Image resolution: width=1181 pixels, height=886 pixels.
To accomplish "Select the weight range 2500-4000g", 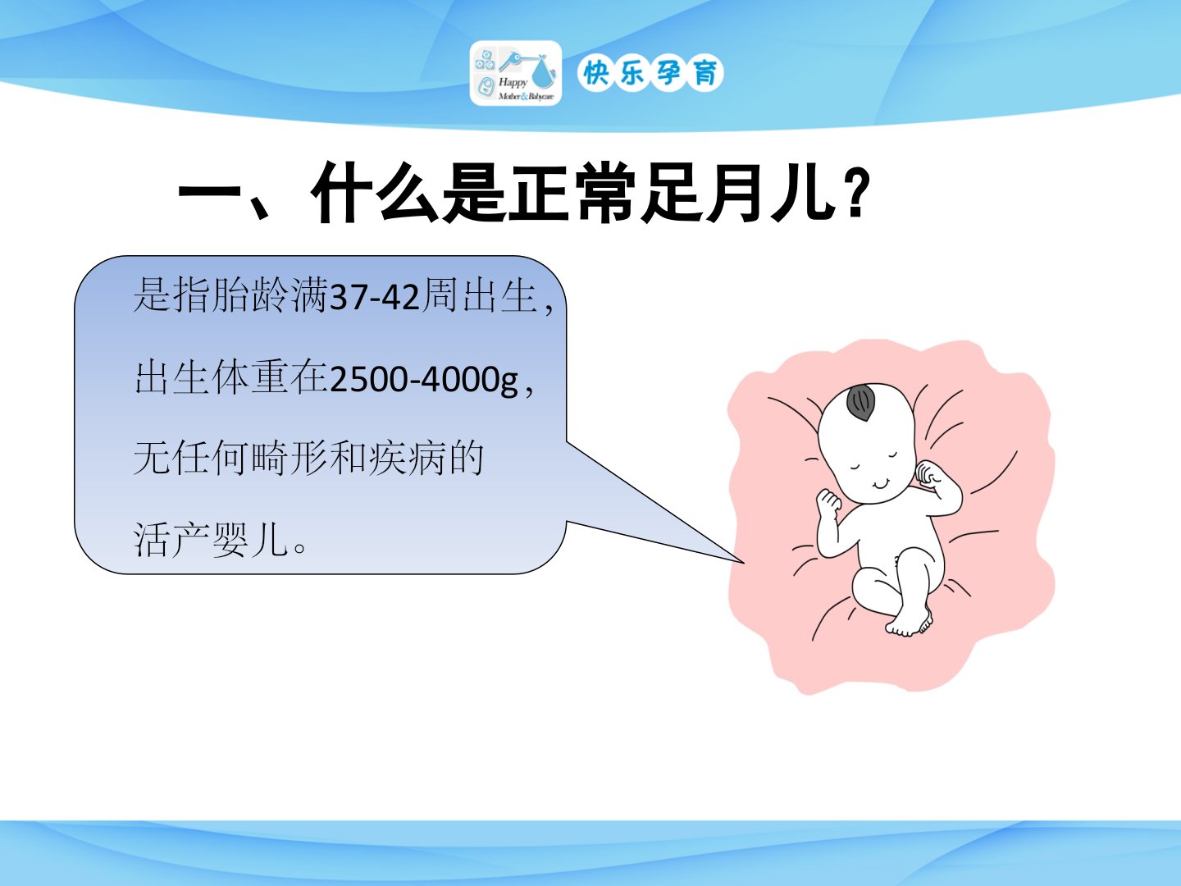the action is pos(423,380).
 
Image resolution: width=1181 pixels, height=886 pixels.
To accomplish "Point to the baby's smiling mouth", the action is pos(882,484).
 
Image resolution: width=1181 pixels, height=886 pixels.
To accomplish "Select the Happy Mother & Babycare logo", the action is pos(515,73).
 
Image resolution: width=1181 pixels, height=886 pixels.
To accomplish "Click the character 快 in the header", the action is pos(595,73).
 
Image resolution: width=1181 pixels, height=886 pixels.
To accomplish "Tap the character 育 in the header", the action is pos(705,73).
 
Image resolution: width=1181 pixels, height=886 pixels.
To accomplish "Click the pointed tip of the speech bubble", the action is pos(744,563).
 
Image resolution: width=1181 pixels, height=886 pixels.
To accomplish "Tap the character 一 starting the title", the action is pos(210,192).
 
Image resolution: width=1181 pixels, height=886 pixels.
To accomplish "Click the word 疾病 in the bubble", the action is pos(406,459).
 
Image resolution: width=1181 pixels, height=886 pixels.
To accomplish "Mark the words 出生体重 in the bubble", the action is pos(211,377).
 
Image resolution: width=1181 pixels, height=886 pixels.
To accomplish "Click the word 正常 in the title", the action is pos(572,192).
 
